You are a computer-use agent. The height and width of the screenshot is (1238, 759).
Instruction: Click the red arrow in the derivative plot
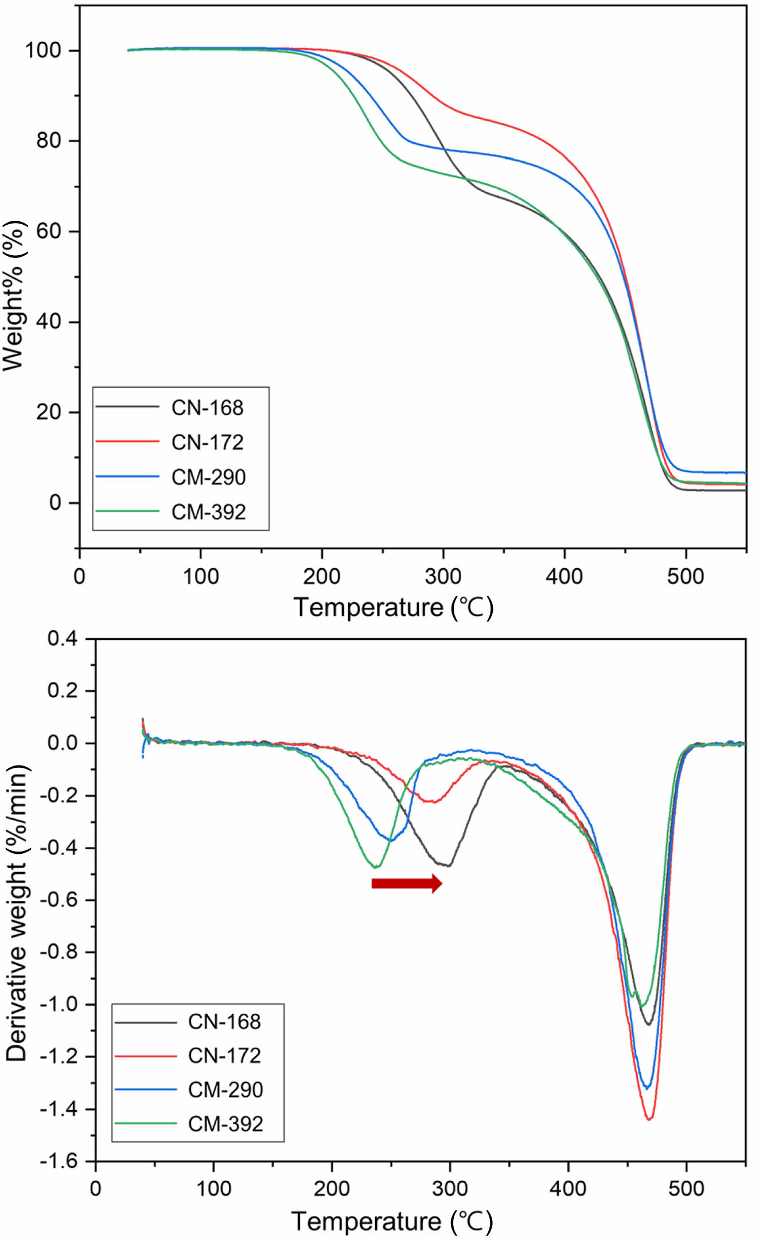pyautogui.click(x=406, y=884)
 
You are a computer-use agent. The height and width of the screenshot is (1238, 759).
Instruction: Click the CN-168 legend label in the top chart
pyautogui.click(x=207, y=408)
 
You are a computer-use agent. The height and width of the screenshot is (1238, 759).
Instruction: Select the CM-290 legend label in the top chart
pyautogui.click(x=208, y=477)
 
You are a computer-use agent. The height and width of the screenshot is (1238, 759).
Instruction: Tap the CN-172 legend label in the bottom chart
pyautogui.click(x=224, y=1056)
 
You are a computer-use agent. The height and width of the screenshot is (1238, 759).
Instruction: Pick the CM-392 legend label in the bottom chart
pyautogui.click(x=225, y=1124)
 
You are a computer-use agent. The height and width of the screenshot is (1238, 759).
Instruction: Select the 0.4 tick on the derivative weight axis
pyautogui.click(x=63, y=638)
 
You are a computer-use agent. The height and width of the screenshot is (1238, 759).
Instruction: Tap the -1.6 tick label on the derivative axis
pyautogui.click(x=59, y=1161)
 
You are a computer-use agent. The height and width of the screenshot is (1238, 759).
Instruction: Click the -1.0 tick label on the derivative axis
pyautogui.click(x=59, y=1004)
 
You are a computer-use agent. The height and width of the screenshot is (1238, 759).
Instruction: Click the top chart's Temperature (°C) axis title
pyautogui.click(x=394, y=607)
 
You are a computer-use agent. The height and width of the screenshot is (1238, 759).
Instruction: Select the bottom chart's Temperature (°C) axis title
pyautogui.click(x=392, y=1221)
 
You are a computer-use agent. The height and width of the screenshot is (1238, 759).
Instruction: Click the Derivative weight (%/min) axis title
pyautogui.click(x=17, y=912)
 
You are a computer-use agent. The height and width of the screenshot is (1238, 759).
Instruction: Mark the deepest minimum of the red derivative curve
pyautogui.click(x=649, y=1118)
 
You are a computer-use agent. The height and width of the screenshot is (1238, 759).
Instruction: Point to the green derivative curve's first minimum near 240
pyautogui.click(x=376, y=867)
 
